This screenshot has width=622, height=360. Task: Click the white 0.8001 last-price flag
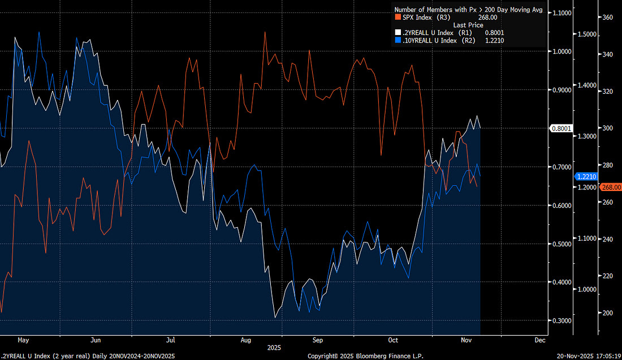coord(562,128)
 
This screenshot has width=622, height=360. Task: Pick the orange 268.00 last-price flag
coord(611,187)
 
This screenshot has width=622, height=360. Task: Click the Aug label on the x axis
coord(245,340)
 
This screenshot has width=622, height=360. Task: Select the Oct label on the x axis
coord(394,340)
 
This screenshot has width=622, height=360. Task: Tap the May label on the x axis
coord(23,340)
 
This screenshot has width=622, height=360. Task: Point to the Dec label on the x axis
coord(539,340)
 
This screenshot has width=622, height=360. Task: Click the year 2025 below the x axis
coord(274,348)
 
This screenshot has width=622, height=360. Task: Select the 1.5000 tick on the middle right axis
coord(586,34)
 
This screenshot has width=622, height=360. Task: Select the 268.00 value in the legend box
coord(495,18)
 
